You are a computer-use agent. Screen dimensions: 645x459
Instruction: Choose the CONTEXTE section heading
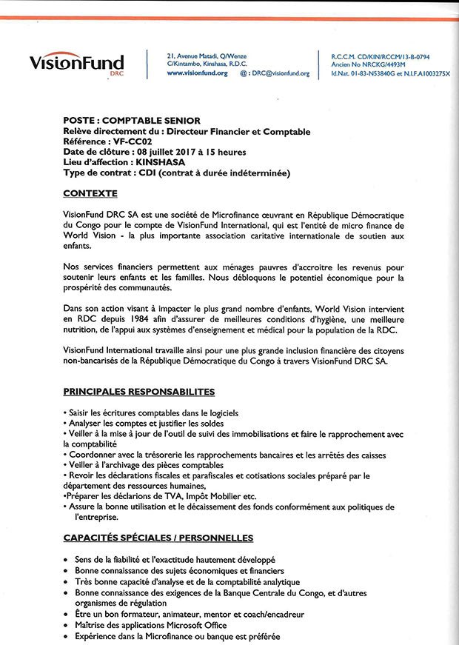coord(90,193)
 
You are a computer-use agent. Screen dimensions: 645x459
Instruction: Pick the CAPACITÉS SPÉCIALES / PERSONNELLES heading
coord(158,538)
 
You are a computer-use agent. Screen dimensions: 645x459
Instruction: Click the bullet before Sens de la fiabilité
coord(67,561)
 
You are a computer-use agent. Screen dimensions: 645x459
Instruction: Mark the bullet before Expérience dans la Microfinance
coord(67,637)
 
